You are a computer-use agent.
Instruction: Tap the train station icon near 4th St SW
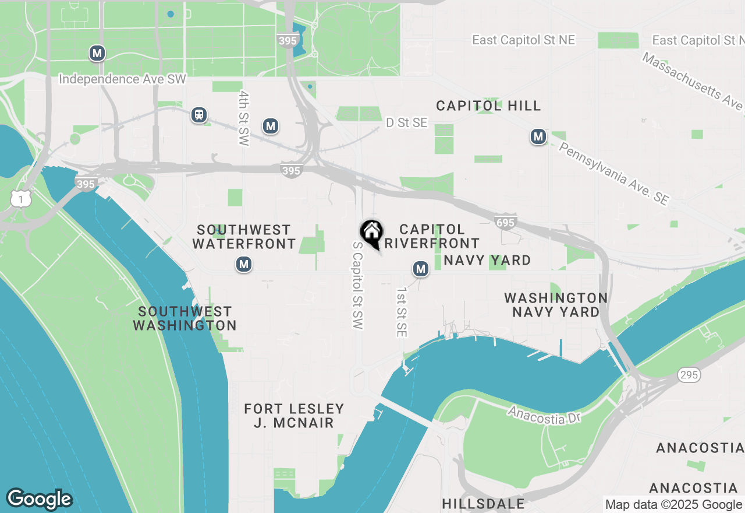click(x=199, y=115)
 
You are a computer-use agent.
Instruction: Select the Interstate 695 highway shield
click(x=505, y=222)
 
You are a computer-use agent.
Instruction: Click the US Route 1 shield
click(x=20, y=199)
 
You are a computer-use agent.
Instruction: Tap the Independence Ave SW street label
click(x=123, y=79)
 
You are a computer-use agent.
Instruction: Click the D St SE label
click(x=407, y=122)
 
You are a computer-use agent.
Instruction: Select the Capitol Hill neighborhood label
click(x=488, y=106)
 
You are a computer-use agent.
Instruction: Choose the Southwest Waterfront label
click(x=244, y=237)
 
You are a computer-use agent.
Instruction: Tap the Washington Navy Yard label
click(x=556, y=305)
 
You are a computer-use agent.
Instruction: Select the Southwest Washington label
click(x=185, y=318)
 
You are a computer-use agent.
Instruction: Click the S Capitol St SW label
click(x=358, y=286)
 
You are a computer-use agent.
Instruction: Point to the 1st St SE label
click(x=402, y=312)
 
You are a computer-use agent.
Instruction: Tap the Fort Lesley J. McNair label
click(x=294, y=416)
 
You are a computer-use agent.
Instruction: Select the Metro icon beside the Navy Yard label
click(x=420, y=269)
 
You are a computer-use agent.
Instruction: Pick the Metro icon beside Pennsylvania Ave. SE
click(x=538, y=137)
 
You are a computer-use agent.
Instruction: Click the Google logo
click(x=39, y=499)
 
